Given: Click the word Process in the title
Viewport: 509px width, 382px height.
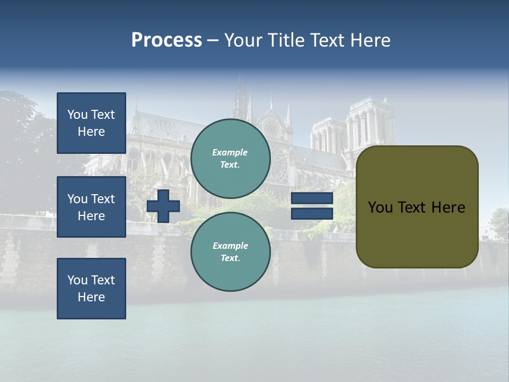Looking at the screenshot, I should (166, 40).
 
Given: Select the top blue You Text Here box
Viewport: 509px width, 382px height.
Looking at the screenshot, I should (91, 123).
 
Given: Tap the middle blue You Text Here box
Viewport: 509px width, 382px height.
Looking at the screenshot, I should (91, 207).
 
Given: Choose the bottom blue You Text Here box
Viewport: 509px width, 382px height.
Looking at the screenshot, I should (91, 289).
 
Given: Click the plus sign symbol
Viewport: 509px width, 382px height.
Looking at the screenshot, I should (163, 206).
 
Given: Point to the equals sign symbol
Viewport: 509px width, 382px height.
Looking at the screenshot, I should (312, 206).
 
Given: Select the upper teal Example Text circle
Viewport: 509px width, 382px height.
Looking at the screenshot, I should (231, 159).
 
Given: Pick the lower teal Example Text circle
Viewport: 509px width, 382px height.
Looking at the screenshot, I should (231, 252).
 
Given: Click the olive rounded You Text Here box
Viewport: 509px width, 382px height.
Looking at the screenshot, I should (417, 207).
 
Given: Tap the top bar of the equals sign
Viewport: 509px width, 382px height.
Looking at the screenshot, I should (312, 198).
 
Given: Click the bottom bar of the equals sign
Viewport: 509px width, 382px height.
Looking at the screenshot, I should (312, 213).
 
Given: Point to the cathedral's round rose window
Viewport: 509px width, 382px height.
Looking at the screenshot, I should (271, 128).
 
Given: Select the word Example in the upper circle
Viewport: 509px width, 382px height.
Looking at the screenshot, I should (230, 152).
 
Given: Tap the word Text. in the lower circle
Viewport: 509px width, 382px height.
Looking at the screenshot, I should (230, 258).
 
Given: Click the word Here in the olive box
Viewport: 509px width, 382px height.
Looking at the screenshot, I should (448, 207).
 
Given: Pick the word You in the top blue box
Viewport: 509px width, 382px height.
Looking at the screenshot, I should (77, 115).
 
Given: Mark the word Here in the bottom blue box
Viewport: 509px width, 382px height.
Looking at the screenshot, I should (91, 297).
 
